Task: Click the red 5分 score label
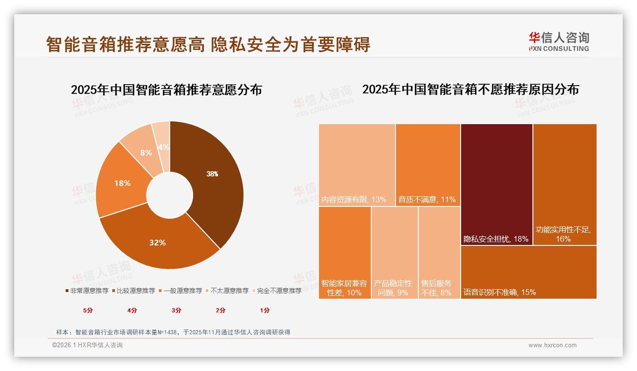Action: coord(88,311)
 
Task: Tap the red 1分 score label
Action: coord(265,311)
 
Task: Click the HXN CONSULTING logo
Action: coord(559,41)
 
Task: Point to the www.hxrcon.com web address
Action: coord(552,345)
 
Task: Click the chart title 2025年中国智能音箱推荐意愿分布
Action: coord(166,89)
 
